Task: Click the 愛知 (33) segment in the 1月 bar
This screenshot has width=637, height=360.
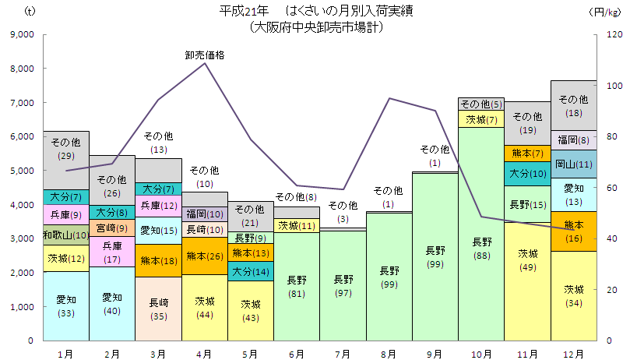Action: (x=66, y=305)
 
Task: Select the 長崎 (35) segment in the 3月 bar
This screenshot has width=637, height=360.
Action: (x=158, y=309)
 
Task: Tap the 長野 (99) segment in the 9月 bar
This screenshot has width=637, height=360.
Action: (x=435, y=257)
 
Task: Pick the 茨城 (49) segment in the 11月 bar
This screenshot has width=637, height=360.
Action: (x=527, y=281)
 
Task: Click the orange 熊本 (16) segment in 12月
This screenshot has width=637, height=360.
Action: (x=573, y=231)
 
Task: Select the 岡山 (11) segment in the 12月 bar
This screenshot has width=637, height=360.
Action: (x=573, y=164)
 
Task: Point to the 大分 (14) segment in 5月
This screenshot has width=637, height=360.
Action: (x=251, y=271)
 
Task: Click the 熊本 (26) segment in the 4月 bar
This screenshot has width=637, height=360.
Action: (x=205, y=256)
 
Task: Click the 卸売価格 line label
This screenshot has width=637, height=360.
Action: (x=205, y=55)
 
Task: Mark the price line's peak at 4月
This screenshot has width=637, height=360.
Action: (x=205, y=63)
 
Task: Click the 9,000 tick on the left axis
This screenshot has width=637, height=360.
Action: (x=22, y=35)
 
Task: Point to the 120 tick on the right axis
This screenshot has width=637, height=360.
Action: (x=614, y=35)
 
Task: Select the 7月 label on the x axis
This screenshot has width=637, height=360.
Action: (x=343, y=354)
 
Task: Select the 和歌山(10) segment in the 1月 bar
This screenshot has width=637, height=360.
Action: (x=66, y=235)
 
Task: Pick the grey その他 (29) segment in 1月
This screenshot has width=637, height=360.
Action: (x=66, y=149)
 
